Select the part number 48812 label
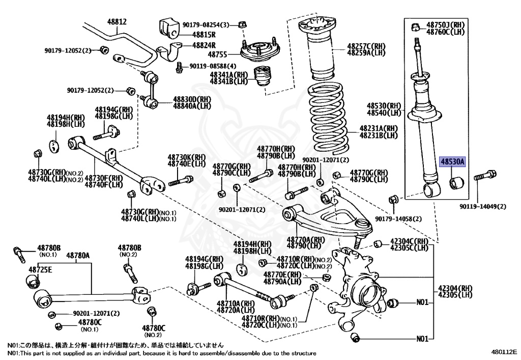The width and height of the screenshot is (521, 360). point(117,22)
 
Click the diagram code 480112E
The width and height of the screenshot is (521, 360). point(504,352)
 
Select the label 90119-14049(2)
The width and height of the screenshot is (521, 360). point(483,206)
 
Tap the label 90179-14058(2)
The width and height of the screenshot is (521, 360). point(398,219)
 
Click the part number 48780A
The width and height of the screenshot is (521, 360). point(78,255)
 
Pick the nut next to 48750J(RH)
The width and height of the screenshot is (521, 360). point(415,26)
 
